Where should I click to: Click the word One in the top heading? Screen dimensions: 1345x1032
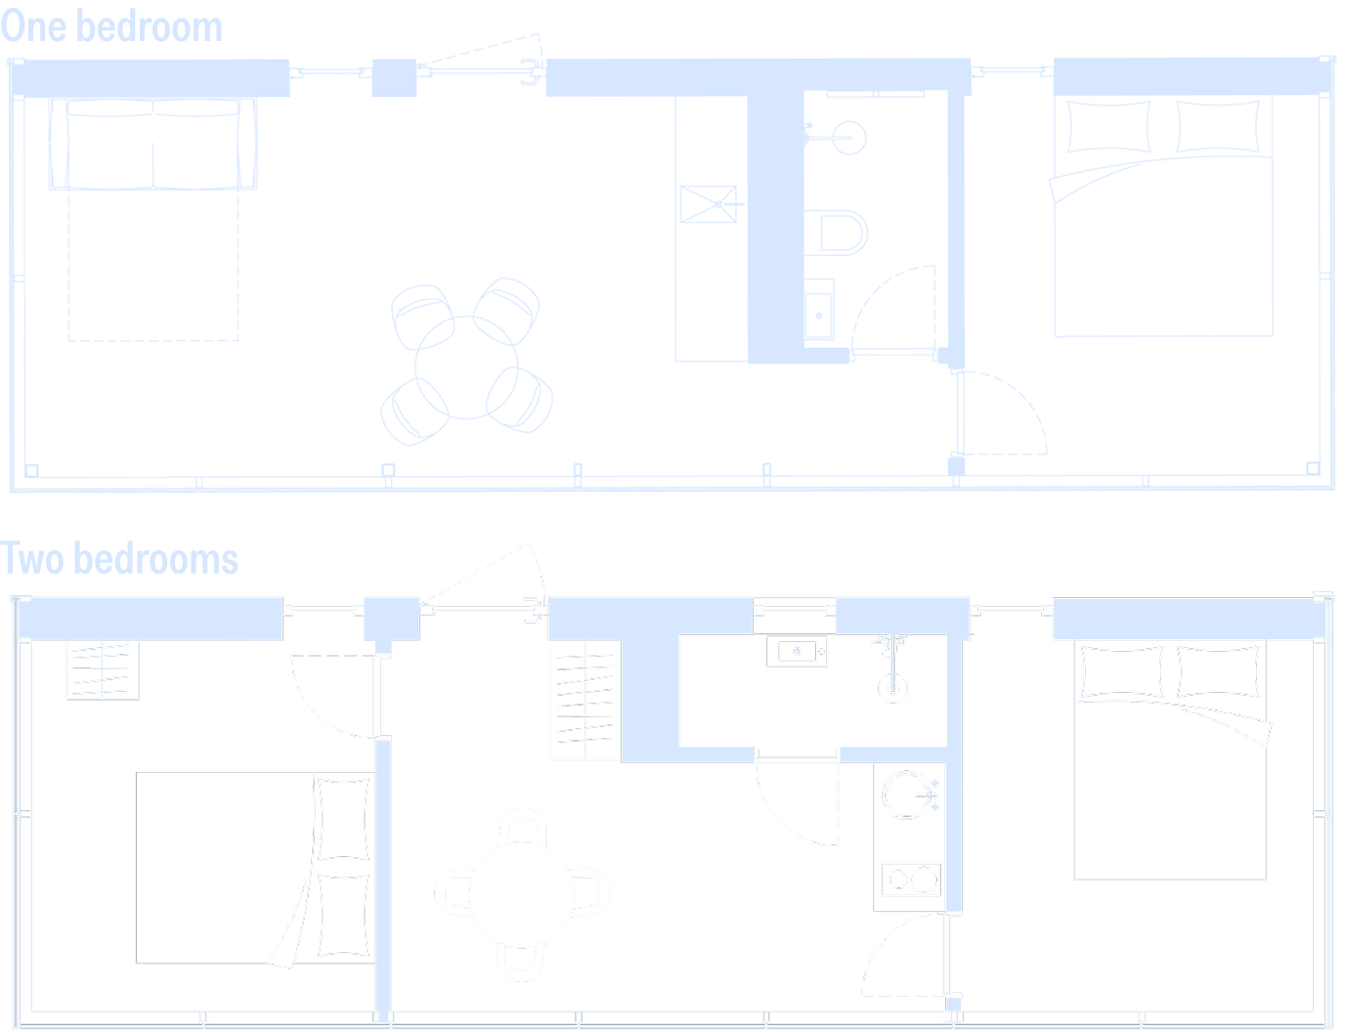(x=33, y=26)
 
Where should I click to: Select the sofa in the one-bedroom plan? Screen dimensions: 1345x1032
(x=152, y=143)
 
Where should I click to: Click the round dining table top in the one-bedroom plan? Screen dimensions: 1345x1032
(x=466, y=366)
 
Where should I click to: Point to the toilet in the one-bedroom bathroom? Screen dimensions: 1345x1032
(x=836, y=233)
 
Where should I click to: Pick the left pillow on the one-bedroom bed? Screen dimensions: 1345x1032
(x=1108, y=126)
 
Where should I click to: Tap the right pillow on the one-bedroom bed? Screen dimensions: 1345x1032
(x=1218, y=126)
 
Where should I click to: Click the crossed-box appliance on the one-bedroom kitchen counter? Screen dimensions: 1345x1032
(x=708, y=203)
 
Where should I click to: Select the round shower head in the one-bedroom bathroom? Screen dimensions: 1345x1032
(x=848, y=138)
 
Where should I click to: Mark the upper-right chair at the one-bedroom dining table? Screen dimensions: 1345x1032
(x=506, y=311)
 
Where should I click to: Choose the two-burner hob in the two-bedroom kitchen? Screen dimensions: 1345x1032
(x=911, y=880)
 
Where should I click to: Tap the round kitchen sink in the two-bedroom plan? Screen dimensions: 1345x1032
(x=907, y=795)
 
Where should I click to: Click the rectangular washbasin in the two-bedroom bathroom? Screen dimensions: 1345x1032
(x=797, y=651)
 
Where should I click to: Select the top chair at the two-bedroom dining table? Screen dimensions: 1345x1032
(x=522, y=826)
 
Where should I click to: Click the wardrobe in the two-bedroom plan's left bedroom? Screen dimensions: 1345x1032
(x=103, y=670)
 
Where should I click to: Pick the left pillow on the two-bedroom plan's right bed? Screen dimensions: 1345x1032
(x=1121, y=672)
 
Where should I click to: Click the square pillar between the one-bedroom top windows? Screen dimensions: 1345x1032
(x=394, y=78)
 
